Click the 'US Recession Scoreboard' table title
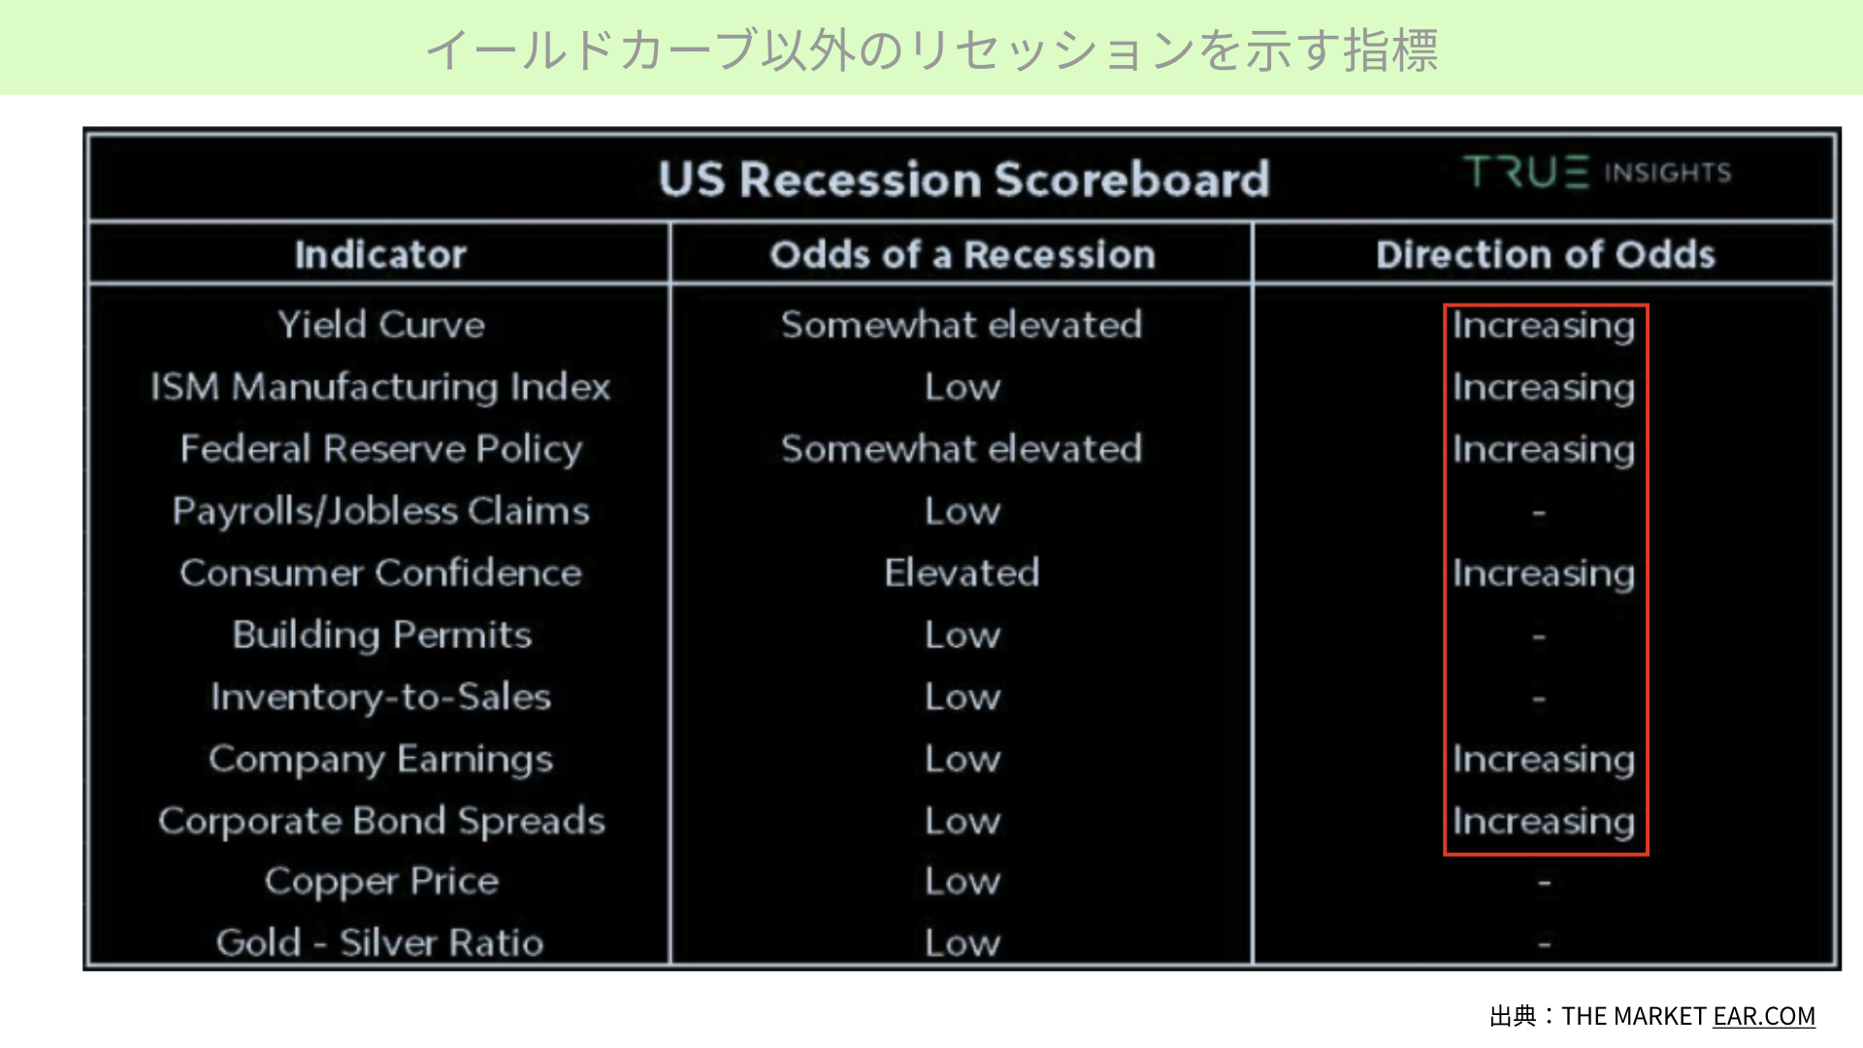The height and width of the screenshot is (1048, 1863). (x=964, y=180)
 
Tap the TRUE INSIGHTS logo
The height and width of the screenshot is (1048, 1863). (x=1597, y=173)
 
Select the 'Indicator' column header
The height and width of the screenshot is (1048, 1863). (x=380, y=254)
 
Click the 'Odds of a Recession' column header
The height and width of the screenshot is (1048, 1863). (x=963, y=254)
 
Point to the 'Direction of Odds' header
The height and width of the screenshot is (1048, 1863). (x=1545, y=254)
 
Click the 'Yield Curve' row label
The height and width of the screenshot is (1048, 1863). (x=381, y=324)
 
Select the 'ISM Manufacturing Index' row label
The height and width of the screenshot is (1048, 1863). (x=380, y=386)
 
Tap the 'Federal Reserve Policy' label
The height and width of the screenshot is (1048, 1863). (x=380, y=449)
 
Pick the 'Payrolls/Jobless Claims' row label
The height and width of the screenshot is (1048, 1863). (x=380, y=511)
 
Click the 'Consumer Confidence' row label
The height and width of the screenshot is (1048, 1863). (x=380, y=573)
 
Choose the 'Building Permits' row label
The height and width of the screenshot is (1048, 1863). (x=381, y=636)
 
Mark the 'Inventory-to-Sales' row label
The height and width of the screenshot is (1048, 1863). (x=380, y=697)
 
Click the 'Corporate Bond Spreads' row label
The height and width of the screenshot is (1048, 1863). (x=381, y=822)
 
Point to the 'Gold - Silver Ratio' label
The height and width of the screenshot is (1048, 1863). (x=379, y=942)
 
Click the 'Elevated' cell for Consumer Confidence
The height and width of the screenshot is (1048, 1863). (x=962, y=573)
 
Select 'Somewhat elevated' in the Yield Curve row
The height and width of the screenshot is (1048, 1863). (x=962, y=324)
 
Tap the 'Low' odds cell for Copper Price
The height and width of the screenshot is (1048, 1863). (x=962, y=881)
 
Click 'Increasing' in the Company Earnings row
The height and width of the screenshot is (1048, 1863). (x=1544, y=760)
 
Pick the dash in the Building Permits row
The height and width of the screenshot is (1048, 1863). (x=1539, y=637)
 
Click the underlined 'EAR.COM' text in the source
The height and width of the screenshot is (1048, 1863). (x=1764, y=1016)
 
